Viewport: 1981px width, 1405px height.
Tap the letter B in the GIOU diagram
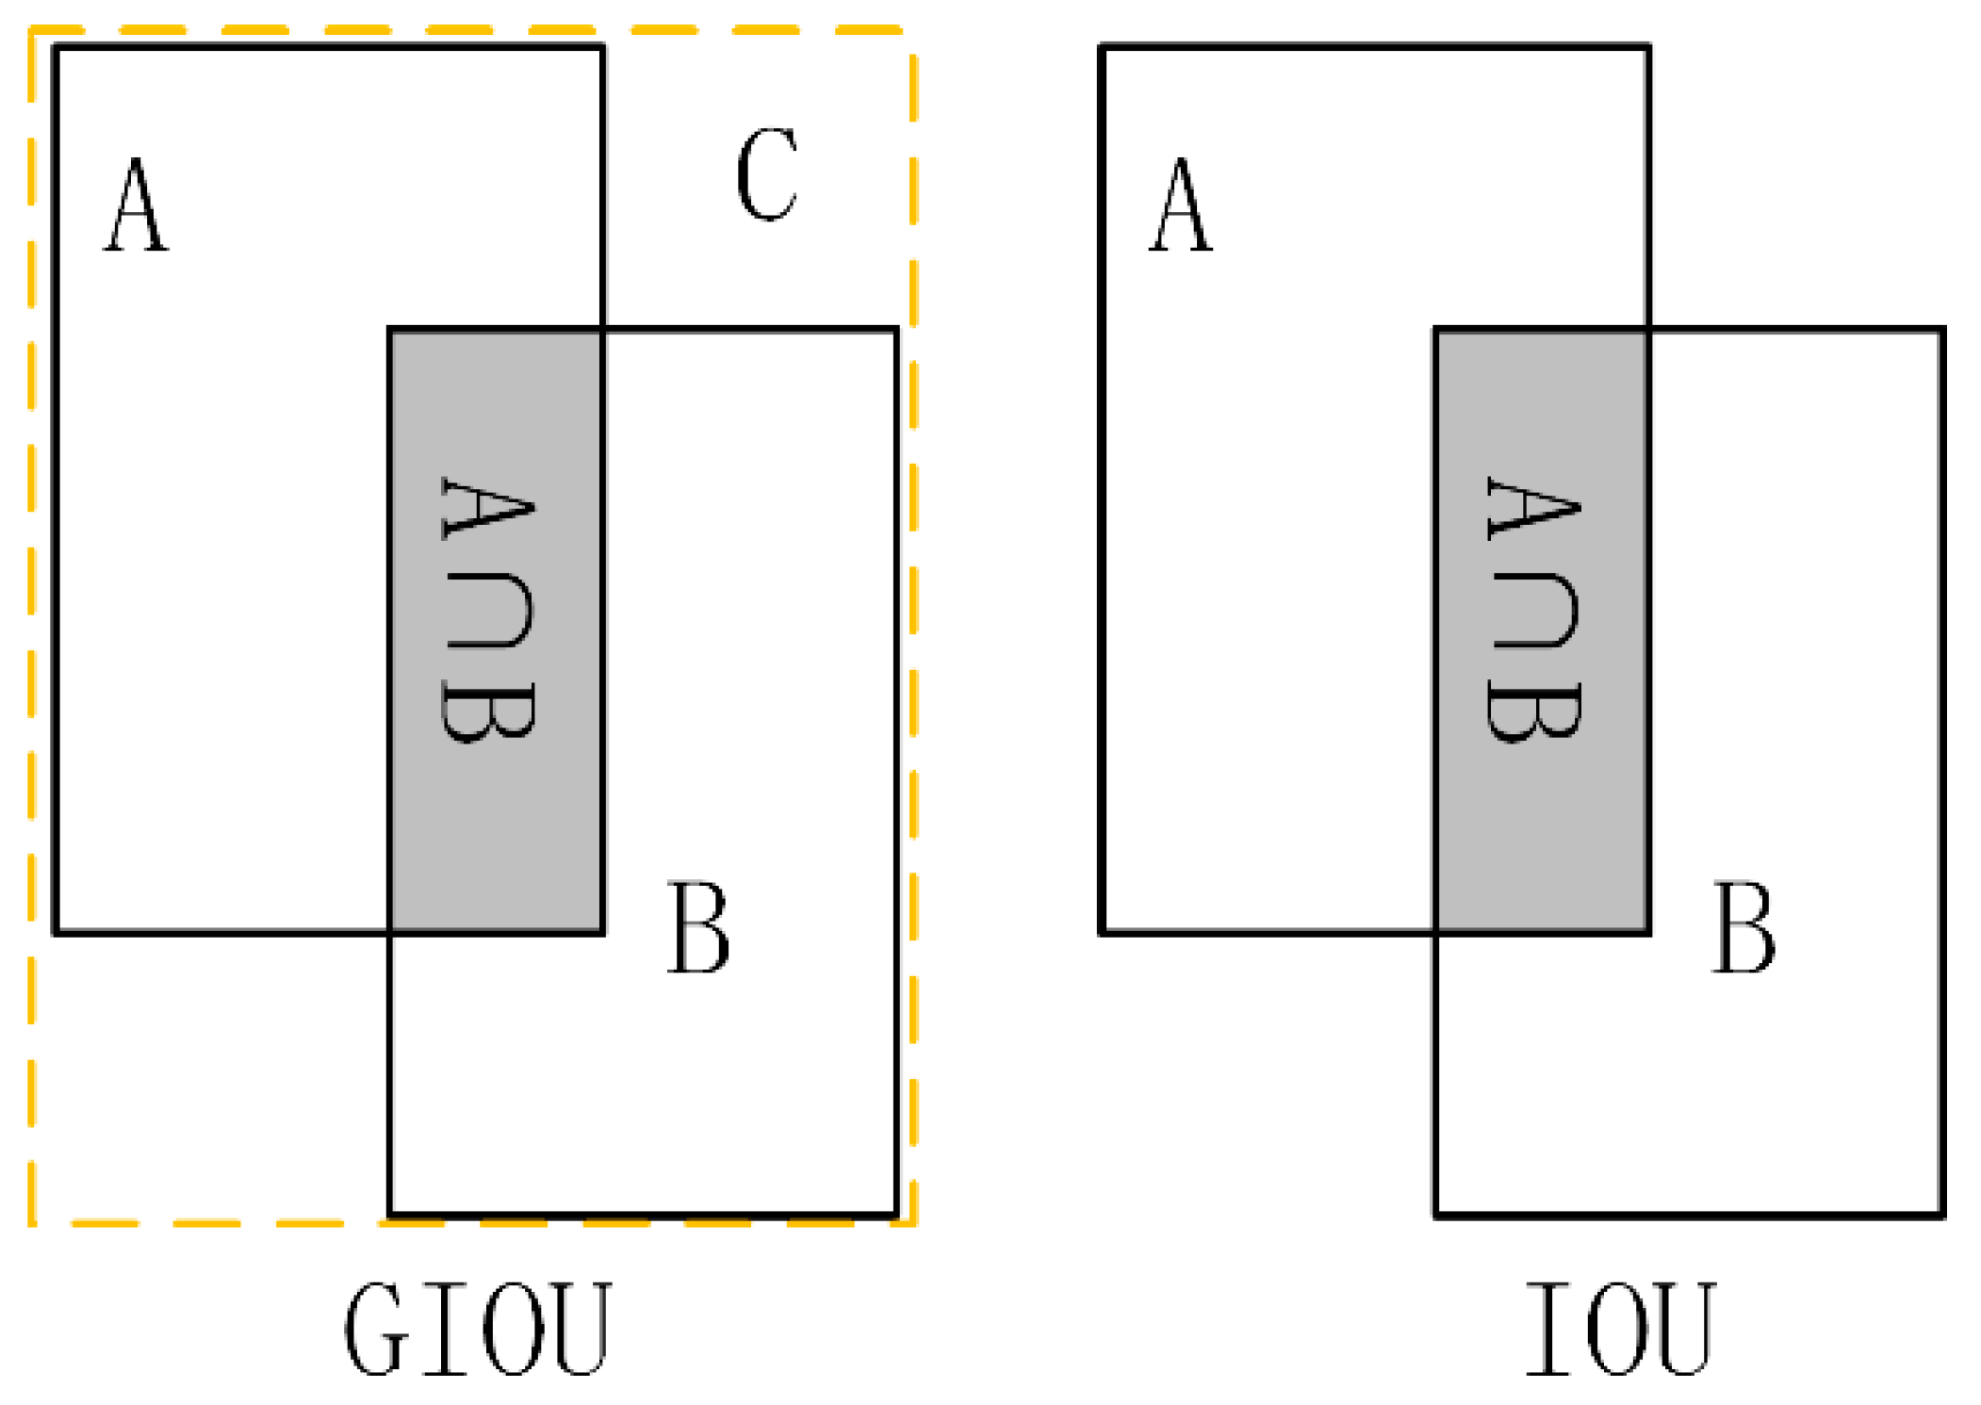[x=698, y=928]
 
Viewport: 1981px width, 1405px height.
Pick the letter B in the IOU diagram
[x=1744, y=928]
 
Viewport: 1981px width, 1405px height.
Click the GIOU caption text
[x=478, y=1330]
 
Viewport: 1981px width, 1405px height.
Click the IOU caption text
[x=1620, y=1330]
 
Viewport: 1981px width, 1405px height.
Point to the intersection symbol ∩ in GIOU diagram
[x=488, y=613]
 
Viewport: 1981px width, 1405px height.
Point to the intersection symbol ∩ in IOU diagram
[x=1534, y=613]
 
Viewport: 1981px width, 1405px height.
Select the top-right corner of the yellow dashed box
[x=912, y=31]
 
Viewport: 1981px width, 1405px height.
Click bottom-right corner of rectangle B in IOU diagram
[x=1942, y=1216]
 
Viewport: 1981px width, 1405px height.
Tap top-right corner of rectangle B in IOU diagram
[x=1942, y=330]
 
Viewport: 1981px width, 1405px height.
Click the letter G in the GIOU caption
[x=377, y=1330]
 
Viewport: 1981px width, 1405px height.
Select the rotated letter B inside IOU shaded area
[x=1534, y=711]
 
